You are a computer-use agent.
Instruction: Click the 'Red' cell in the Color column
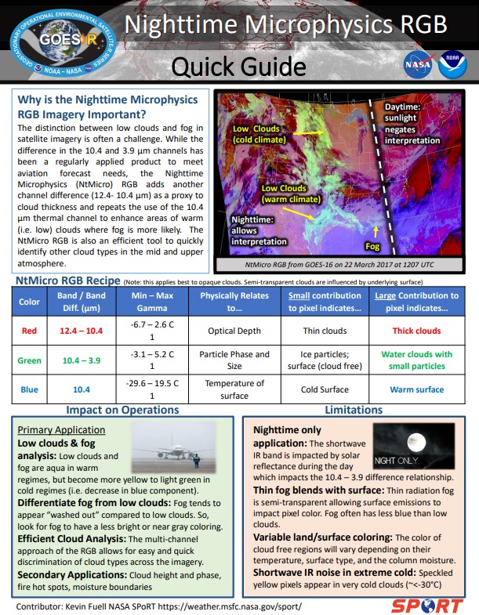point(29,331)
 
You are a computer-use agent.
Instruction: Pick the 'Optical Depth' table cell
point(234,331)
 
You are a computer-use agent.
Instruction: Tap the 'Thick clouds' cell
point(416,331)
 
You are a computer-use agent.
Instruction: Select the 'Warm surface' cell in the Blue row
point(416,389)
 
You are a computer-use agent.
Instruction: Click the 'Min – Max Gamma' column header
point(151,302)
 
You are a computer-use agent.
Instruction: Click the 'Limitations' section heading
point(354,411)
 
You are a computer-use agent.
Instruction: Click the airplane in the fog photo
point(169,452)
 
